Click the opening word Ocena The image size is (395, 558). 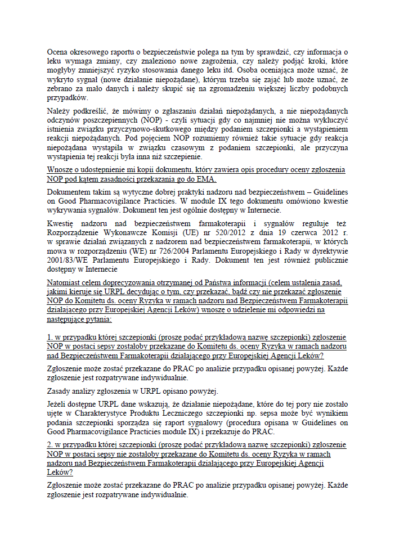click(x=59, y=51)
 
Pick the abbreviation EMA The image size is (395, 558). click(x=207, y=179)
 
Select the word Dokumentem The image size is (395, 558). click(x=70, y=191)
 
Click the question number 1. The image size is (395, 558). click(x=50, y=337)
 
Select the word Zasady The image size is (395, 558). click(x=60, y=391)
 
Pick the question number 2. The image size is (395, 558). click(x=50, y=444)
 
